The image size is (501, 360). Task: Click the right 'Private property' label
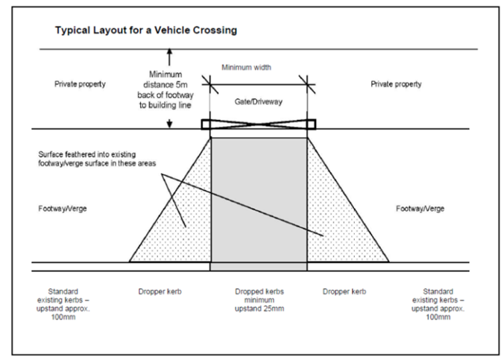tap(396, 84)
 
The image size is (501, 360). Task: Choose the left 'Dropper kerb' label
tap(159, 291)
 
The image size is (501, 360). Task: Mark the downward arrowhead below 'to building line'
tap(171, 124)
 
